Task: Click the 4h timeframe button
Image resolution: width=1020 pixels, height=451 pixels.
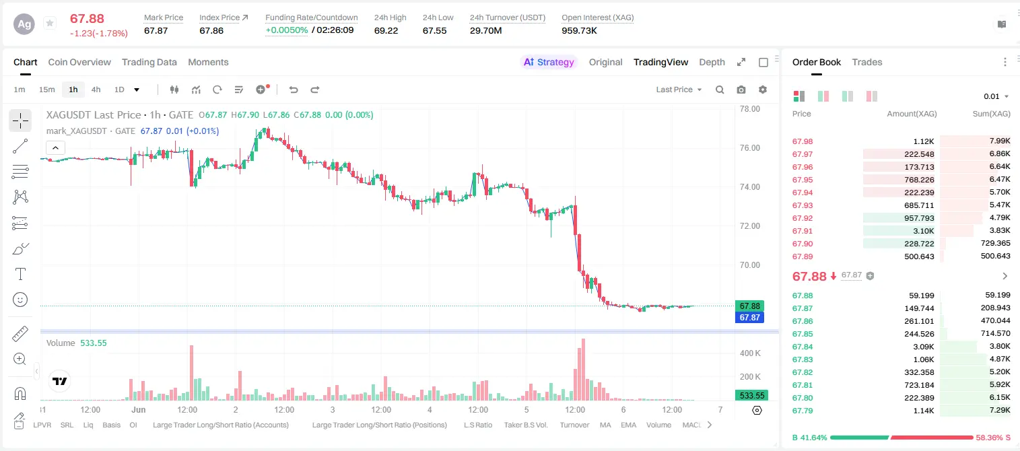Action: tap(96, 90)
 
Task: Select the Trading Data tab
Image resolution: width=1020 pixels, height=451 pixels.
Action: tap(149, 62)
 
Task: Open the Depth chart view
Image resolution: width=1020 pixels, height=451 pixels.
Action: tap(712, 62)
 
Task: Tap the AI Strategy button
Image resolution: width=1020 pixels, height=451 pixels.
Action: tap(549, 62)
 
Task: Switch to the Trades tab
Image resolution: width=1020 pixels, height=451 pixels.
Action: tap(867, 62)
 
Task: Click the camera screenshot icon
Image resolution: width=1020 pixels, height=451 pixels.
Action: tap(741, 90)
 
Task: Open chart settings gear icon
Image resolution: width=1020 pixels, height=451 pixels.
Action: tap(763, 90)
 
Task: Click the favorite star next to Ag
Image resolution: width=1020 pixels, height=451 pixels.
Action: tap(50, 23)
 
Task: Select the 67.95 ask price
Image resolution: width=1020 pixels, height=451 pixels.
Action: tap(803, 180)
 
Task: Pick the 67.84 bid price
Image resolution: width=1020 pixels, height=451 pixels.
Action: tap(803, 347)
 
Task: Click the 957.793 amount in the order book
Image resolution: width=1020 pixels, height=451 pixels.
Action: tap(919, 218)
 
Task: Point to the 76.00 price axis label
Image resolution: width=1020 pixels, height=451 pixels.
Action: tap(749, 148)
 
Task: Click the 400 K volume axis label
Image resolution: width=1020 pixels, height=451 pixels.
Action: tap(750, 353)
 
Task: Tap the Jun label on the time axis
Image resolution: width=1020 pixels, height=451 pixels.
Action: tap(139, 409)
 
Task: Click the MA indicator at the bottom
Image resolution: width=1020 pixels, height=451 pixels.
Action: tap(605, 425)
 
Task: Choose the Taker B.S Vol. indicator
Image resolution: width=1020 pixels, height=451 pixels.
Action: tap(525, 425)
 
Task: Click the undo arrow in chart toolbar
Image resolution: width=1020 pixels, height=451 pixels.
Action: tap(294, 90)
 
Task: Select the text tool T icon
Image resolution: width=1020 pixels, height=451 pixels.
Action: tap(20, 274)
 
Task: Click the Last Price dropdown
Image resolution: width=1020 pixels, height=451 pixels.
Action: tap(679, 90)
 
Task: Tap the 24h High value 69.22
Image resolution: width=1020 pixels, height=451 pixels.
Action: tap(386, 30)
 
